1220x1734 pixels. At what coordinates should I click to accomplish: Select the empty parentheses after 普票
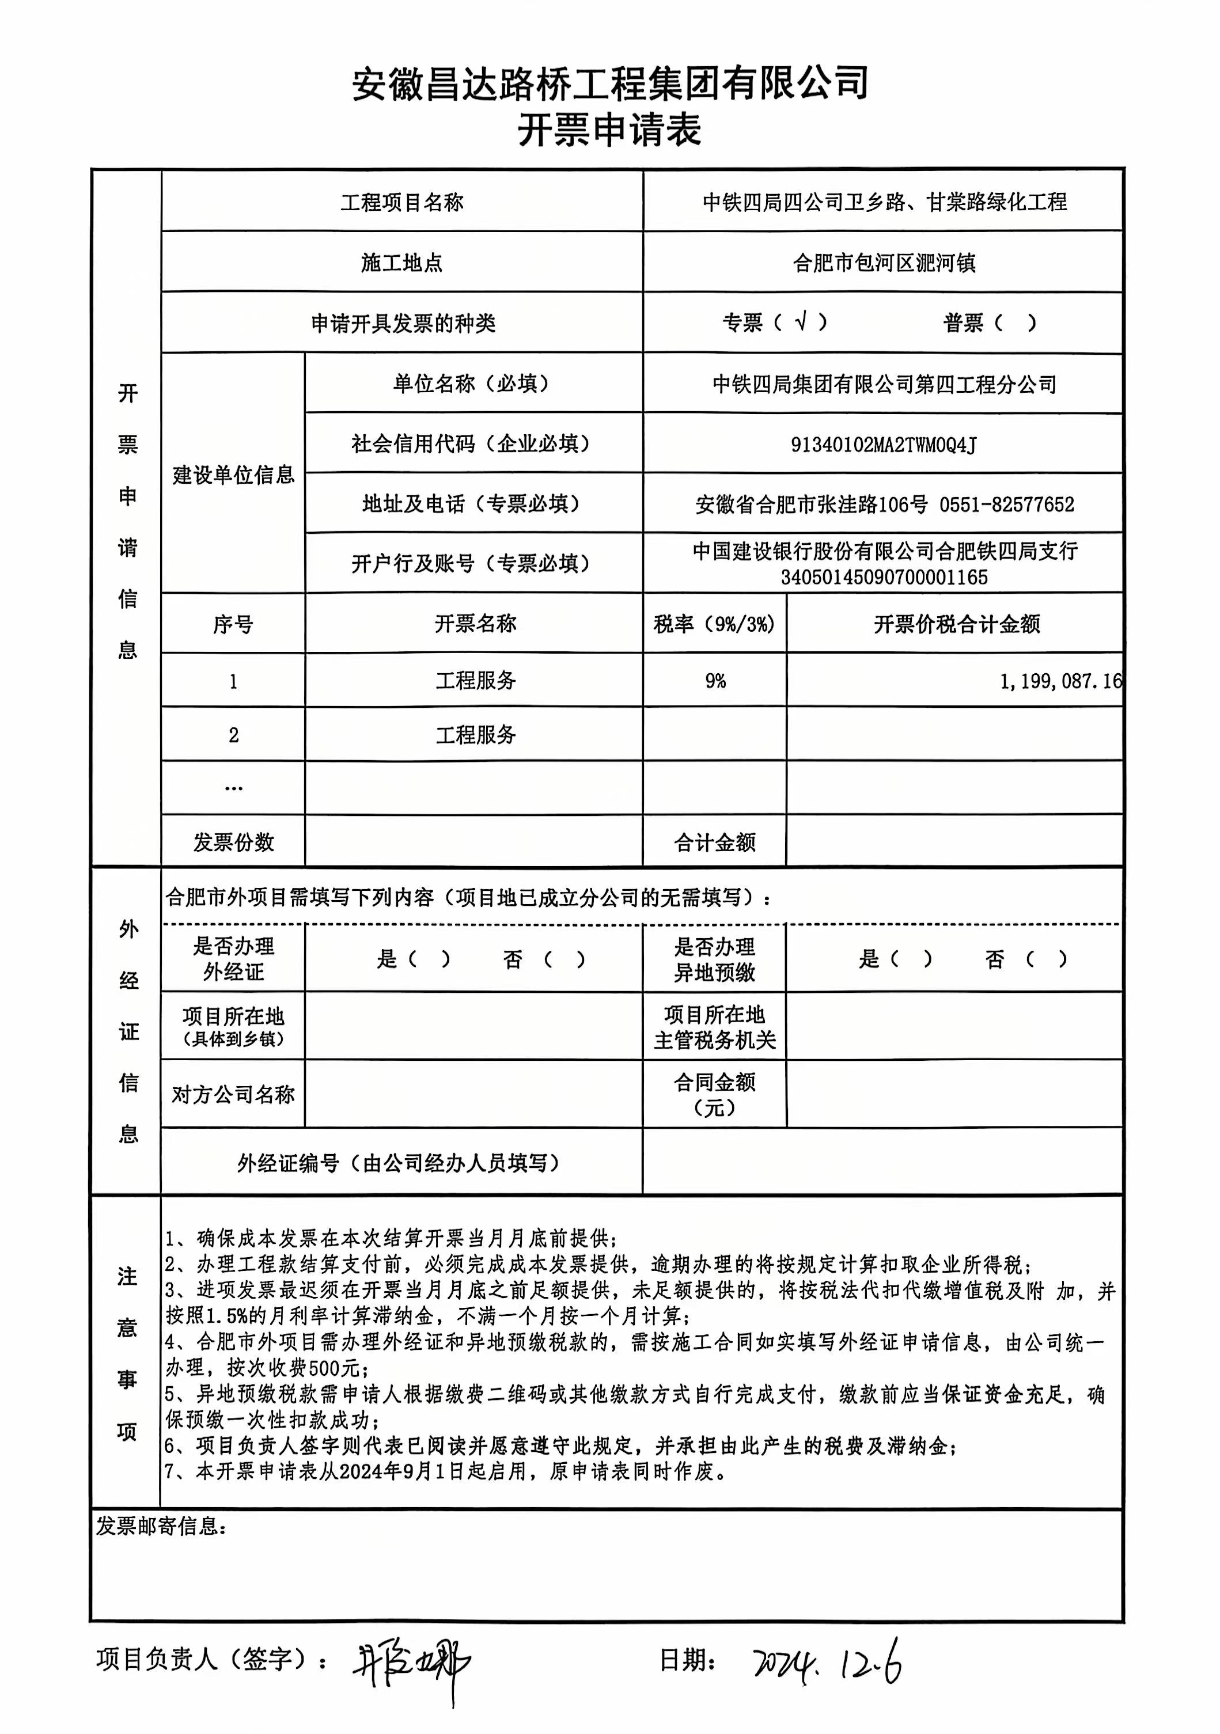click(1016, 323)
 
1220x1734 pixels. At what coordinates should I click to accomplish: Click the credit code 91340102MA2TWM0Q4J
click(883, 445)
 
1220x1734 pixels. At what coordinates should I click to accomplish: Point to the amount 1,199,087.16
click(1060, 681)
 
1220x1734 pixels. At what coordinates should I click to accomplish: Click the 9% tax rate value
click(715, 681)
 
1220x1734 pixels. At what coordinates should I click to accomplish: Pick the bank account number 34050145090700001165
click(884, 578)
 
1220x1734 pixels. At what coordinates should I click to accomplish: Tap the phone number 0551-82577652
click(1006, 504)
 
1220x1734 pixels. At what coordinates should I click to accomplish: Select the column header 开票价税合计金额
click(956, 624)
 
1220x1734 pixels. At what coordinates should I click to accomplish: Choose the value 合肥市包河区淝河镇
click(883, 263)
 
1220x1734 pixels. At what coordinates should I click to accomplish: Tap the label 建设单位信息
click(233, 475)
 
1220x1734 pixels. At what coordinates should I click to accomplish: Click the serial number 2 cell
click(233, 735)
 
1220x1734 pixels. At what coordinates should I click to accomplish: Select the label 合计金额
click(715, 842)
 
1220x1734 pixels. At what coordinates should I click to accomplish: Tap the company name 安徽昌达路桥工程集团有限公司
click(609, 83)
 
